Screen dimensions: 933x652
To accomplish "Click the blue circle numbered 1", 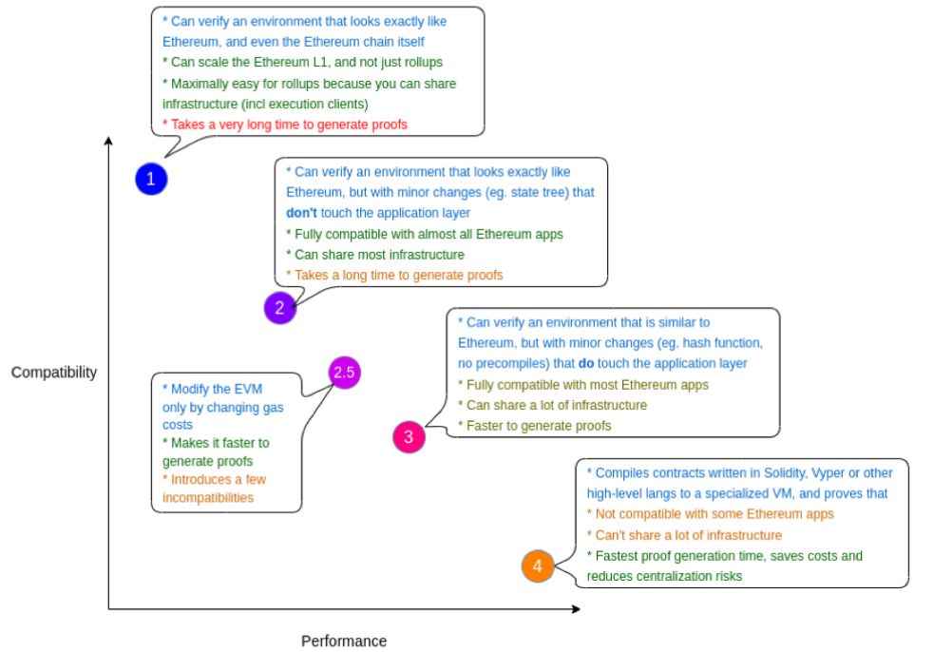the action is point(151,179).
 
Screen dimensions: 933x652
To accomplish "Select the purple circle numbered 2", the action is point(279,308).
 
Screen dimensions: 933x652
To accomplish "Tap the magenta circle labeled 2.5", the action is point(345,373).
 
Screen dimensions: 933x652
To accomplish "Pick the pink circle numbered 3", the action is point(409,436).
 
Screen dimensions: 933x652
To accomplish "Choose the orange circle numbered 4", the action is point(538,566).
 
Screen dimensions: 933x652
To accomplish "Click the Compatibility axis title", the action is point(54,373).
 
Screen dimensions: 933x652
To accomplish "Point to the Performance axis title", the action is point(344,641).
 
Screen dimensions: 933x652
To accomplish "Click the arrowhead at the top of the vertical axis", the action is point(108,141).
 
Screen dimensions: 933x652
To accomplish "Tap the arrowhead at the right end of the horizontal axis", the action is point(576,608).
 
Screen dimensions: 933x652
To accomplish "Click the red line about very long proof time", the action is point(285,125).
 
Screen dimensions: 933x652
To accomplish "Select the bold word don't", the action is point(301,213).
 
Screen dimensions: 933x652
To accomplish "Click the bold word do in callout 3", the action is point(586,363).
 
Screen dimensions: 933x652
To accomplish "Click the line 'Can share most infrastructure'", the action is point(375,255).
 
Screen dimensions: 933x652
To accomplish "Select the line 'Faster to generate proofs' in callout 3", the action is point(535,426).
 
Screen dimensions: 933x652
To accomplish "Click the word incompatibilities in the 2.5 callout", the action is point(208,498).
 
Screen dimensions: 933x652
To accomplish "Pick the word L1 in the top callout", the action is point(320,62).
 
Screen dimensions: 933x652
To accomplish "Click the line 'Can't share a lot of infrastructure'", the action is point(684,535).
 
